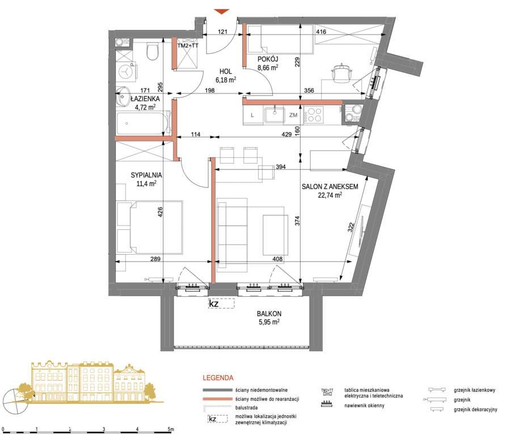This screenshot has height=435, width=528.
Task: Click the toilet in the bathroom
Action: coord(153,52)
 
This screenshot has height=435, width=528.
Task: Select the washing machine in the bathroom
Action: coord(126,72)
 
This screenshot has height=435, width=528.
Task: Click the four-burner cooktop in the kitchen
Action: coord(313,114)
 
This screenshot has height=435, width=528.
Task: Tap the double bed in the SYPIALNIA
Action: coord(149,227)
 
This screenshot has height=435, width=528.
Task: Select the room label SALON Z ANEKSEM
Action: coord(330,187)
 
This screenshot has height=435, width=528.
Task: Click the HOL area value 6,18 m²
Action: coord(226,80)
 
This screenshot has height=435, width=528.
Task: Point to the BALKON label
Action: coord(269,314)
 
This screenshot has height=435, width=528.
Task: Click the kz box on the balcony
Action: coord(221,304)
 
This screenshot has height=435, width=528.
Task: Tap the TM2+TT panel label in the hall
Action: coord(188,46)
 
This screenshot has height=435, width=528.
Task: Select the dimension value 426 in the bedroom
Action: coord(160,212)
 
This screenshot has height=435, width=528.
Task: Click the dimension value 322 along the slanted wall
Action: coord(351,228)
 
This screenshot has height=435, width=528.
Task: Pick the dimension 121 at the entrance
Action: coord(223,32)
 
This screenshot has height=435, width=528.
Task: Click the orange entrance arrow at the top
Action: coord(222,12)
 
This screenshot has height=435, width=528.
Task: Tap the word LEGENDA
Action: coord(218,378)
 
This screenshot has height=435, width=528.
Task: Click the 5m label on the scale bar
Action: coord(171,429)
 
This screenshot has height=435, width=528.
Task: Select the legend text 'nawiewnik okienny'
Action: coord(364,406)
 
